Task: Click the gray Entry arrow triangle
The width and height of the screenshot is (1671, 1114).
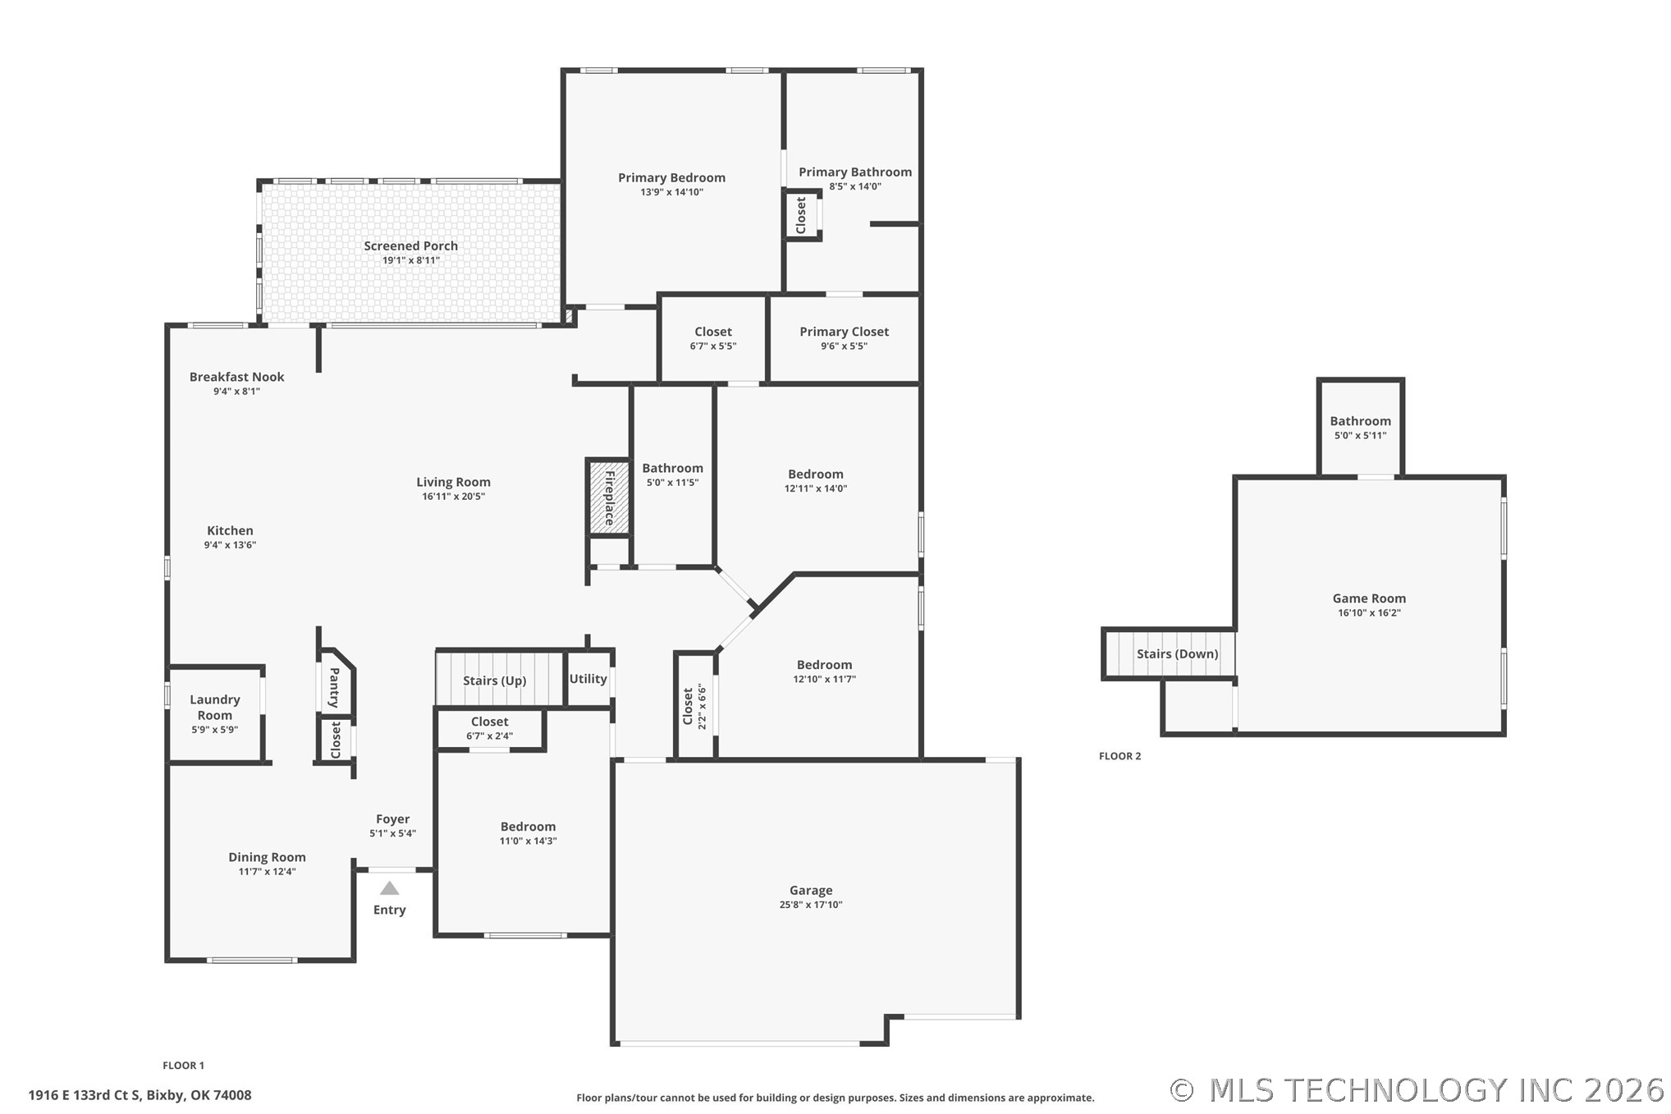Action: coord(390,888)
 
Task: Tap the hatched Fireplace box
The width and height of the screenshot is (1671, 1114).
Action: coord(609,497)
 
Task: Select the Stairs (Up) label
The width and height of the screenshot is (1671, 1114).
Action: coord(494,681)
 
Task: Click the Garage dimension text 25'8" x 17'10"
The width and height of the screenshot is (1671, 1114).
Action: coord(811,905)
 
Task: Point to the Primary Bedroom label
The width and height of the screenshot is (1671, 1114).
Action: coord(671,177)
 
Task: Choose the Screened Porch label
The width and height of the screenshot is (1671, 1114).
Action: coord(410,245)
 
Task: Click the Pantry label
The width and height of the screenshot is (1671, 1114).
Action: coord(334,688)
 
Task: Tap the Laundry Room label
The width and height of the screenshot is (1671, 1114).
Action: coord(215,707)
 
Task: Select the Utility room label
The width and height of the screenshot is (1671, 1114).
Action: coord(588,679)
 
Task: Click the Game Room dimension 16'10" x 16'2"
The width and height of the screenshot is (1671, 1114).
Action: coord(1369,612)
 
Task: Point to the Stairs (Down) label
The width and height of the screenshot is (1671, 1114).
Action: coord(1177,654)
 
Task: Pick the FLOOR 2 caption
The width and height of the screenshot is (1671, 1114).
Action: coord(1119,756)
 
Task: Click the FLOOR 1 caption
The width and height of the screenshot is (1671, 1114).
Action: coord(183,1066)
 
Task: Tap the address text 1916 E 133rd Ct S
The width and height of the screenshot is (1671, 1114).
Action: coord(85,1095)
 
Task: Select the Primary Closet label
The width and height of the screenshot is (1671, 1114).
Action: coord(844,332)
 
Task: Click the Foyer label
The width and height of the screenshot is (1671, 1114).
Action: coord(392,819)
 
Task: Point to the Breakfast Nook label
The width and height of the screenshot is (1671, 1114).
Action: coord(236,377)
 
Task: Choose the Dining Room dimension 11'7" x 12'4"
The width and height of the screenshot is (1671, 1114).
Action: coord(267,872)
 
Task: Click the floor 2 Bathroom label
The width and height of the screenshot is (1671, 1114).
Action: coord(1360,421)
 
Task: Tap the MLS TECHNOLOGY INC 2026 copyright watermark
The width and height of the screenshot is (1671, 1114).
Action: coord(1418,1090)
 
